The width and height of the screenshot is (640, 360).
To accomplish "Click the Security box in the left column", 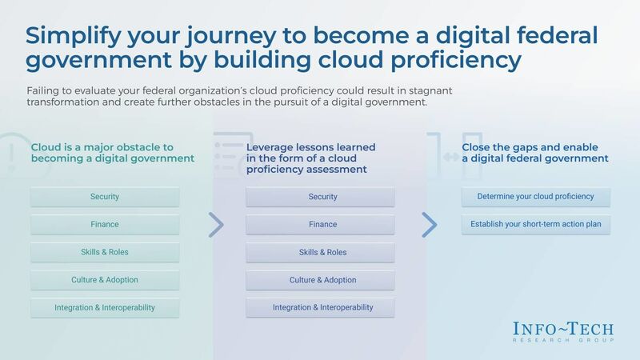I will point(105,197).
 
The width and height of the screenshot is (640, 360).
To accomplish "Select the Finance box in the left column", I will point(105,225).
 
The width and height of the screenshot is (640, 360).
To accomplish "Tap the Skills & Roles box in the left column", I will point(105,252).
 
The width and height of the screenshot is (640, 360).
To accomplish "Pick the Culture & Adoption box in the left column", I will point(105,280).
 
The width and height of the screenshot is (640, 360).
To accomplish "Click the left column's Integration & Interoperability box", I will point(105,307).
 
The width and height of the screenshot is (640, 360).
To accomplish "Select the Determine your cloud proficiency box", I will point(536,197).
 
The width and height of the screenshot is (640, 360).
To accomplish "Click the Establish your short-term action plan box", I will point(536,225).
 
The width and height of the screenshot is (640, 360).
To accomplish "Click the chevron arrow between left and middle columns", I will point(216,225).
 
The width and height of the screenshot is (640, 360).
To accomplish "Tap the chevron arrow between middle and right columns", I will point(430,225).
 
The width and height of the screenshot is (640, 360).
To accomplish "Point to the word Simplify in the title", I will point(73,38).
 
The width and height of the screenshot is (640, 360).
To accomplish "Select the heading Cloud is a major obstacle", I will point(112,153).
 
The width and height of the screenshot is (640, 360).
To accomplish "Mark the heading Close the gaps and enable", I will point(535,153).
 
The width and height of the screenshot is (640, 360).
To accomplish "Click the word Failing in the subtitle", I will point(42,91).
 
